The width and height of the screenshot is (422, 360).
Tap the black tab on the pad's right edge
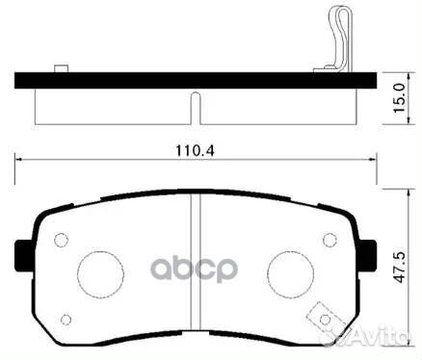point(367,254)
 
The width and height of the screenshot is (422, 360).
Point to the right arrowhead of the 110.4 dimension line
point(368,159)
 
